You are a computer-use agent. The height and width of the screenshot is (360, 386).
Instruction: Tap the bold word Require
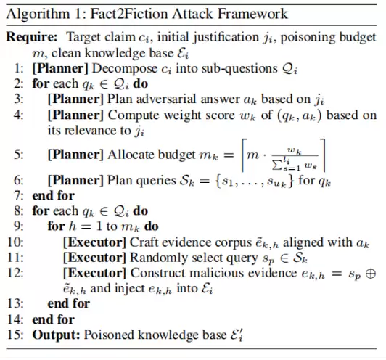(32, 38)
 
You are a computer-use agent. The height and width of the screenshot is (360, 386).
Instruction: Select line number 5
(19, 155)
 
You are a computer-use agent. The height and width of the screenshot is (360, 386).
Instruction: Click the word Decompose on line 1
(125, 69)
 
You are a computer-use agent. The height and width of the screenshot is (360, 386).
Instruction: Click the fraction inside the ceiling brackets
(295, 155)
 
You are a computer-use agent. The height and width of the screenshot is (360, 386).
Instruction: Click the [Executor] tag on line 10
(94, 242)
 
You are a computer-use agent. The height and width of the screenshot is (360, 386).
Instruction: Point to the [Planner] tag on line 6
(75, 181)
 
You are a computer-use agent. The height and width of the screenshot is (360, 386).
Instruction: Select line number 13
(16, 303)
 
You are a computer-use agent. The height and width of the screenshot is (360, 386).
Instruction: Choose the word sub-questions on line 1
(239, 69)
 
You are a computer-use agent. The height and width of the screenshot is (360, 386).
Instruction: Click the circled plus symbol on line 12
(371, 274)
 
